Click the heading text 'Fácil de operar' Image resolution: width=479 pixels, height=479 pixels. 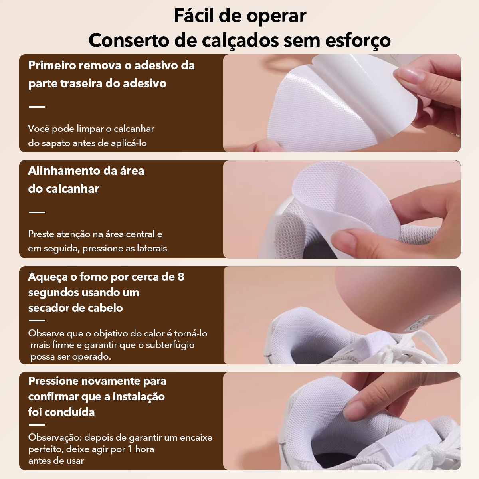coord(239,16)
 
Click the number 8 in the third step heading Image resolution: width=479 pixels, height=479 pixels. coord(181,277)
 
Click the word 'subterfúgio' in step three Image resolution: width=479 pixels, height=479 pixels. coord(170,345)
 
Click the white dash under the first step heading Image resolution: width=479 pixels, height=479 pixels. coord(37,107)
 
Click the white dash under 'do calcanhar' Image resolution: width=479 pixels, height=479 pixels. coord(37,212)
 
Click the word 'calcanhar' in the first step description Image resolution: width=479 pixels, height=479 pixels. coord(134,129)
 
